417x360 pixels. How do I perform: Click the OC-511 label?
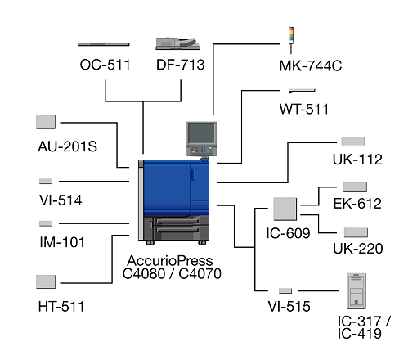tap(105, 65)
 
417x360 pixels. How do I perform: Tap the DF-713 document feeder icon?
tap(177, 43)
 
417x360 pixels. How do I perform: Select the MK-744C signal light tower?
tap(291, 40)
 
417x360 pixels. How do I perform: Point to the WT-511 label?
tap(304, 109)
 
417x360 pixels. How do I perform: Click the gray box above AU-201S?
tap(46, 122)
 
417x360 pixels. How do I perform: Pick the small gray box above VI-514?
tap(46, 181)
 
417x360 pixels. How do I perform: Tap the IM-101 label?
tap(62, 242)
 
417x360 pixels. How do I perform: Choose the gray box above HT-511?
tap(46, 281)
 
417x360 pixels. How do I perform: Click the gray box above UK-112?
tap(353, 142)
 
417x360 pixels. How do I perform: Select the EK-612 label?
tap(357, 204)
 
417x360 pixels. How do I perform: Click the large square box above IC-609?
tap(285, 209)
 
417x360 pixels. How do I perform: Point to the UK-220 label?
tap(358, 249)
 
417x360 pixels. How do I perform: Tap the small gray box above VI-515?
tap(285, 290)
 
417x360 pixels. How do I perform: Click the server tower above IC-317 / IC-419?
tap(356, 291)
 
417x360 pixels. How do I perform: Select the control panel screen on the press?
tap(201, 133)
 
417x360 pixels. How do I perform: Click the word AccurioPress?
tap(170, 261)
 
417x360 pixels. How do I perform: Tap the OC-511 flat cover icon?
tap(104, 44)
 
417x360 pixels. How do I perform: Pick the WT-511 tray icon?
tap(302, 91)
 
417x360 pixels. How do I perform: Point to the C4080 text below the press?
tap(144, 274)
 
